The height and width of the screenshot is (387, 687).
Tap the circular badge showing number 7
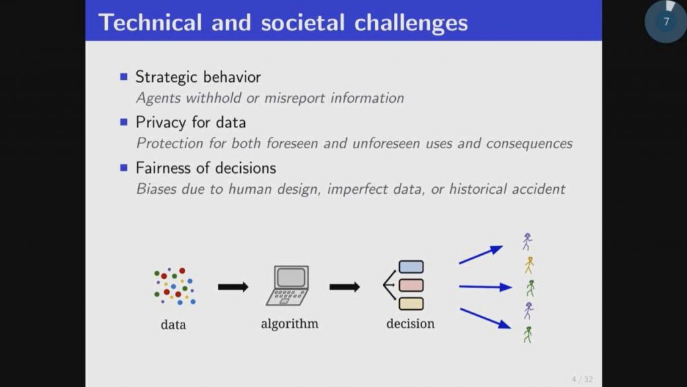666,21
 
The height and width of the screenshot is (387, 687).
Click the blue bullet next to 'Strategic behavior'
123,76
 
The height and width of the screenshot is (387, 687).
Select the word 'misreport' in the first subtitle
293,98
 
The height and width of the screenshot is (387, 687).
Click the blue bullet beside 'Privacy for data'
123,122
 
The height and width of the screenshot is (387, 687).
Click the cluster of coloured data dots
174,286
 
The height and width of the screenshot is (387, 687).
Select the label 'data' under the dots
173,325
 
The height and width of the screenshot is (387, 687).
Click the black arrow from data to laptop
233,287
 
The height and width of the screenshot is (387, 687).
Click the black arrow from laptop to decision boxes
344,287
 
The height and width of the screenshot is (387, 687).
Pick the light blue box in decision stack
411,267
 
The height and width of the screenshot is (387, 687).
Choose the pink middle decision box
411,285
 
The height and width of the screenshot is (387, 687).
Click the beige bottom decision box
411,304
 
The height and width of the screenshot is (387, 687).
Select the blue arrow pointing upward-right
480,255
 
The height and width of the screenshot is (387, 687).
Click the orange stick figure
529,265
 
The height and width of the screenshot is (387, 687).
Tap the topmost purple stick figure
527,241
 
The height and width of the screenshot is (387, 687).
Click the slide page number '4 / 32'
582,380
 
